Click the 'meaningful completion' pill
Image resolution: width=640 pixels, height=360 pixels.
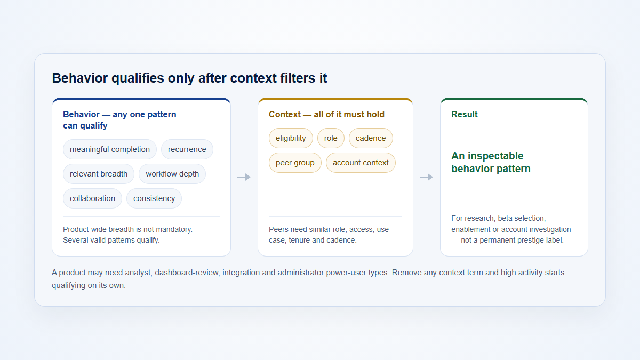(x=110, y=149)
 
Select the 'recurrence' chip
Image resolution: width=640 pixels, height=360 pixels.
(x=187, y=149)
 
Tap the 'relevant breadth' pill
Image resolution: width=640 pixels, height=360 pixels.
(x=99, y=174)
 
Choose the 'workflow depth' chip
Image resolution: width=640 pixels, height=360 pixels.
(x=172, y=174)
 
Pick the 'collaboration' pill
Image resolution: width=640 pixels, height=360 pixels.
(x=92, y=198)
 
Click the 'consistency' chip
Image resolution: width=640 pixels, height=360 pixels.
(x=154, y=198)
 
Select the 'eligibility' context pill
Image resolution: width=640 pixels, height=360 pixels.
(x=291, y=138)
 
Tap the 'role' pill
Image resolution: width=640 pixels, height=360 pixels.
(x=331, y=138)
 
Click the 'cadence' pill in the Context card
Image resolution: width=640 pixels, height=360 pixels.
(x=371, y=138)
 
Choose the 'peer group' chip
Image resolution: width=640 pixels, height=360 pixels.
(x=295, y=163)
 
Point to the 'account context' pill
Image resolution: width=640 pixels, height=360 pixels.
(x=361, y=163)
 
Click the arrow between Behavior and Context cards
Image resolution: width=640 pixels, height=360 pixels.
(x=244, y=177)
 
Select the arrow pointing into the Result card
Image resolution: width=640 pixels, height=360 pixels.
(x=426, y=177)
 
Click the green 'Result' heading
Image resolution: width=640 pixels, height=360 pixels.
(x=465, y=115)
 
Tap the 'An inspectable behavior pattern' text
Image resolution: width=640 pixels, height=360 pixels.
(x=491, y=162)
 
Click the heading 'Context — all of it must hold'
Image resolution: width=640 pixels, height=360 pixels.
(x=326, y=115)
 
